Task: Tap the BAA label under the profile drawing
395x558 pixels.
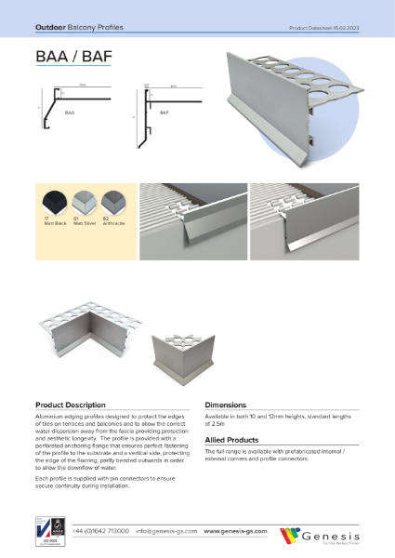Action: coord(69,111)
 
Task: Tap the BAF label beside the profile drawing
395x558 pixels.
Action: coord(164,111)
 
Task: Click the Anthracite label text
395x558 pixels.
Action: coord(114,226)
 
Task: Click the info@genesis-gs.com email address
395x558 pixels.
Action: coord(165,531)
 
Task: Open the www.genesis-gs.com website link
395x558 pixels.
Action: coord(235,531)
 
